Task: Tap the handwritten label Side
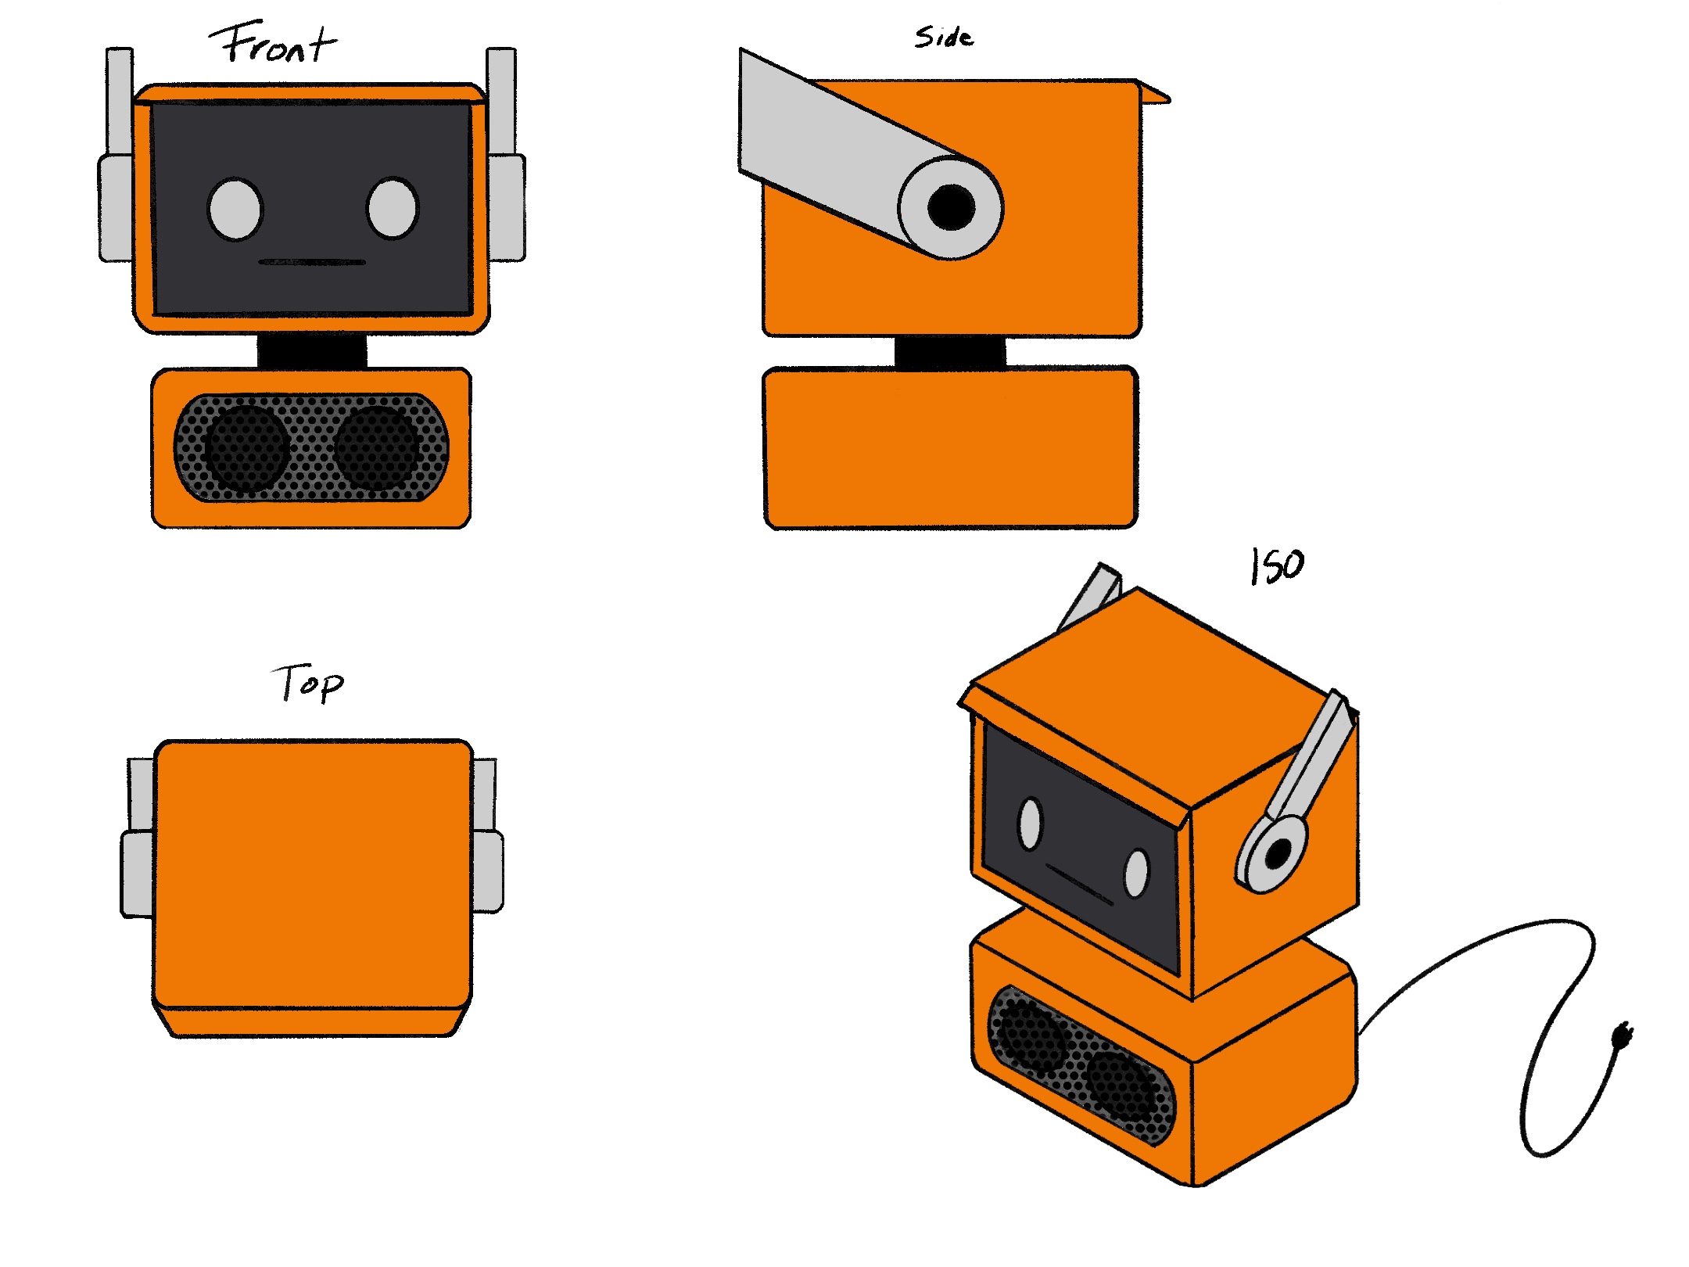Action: [944, 37]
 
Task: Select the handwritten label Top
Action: [309, 684]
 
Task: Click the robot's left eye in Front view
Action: [235, 209]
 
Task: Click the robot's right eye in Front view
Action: [393, 207]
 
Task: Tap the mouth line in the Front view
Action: [312, 263]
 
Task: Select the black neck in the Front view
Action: [312, 350]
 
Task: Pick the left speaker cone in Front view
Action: [246, 447]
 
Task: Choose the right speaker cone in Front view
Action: [377, 447]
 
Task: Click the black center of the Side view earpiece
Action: [951, 207]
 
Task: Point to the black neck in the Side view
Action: [950, 352]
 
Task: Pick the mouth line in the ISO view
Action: [1079, 885]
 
